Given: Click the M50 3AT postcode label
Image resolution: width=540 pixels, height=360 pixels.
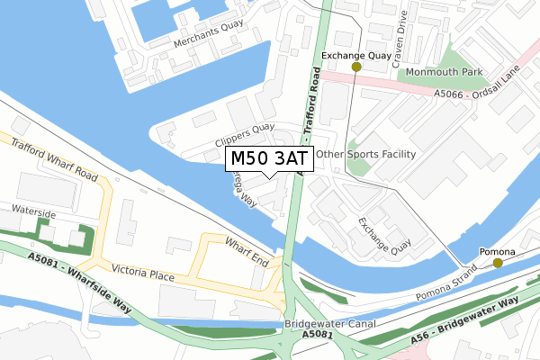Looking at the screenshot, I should [269, 158].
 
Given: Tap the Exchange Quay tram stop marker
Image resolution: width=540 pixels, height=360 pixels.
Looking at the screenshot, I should [356, 67].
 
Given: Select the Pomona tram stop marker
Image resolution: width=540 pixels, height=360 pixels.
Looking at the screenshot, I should [498, 264].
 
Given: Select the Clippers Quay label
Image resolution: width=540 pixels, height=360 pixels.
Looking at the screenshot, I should [245, 136].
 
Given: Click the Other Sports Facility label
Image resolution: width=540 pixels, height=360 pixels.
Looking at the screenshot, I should [366, 154].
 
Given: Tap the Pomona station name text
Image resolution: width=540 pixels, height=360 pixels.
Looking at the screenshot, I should [498, 251].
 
